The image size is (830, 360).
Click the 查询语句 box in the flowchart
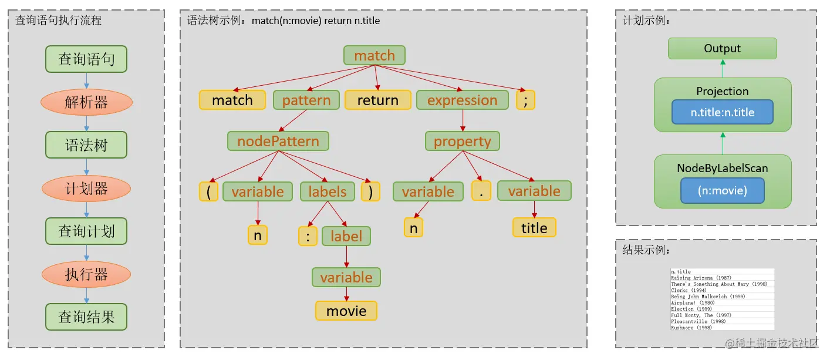tap(86, 59)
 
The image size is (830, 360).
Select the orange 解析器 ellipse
tap(86, 102)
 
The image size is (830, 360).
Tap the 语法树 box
tap(86, 145)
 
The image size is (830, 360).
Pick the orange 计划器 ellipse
tap(86, 189)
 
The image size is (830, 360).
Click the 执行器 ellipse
tap(86, 274)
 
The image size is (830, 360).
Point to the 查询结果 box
tap(86, 317)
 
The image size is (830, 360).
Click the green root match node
tap(374, 56)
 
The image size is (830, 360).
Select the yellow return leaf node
tap(377, 100)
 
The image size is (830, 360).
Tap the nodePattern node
tap(278, 142)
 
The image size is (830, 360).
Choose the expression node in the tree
tap(462, 100)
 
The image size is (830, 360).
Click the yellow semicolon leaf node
tap(525, 100)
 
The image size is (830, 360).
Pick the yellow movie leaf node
tap(346, 311)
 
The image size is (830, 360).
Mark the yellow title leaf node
tap(534, 228)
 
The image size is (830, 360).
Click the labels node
tap(328, 191)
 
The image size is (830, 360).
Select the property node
tap(463, 142)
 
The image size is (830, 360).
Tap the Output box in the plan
tap(722, 49)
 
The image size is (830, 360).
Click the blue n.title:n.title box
tap(722, 112)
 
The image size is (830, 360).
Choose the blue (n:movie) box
tap(722, 190)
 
